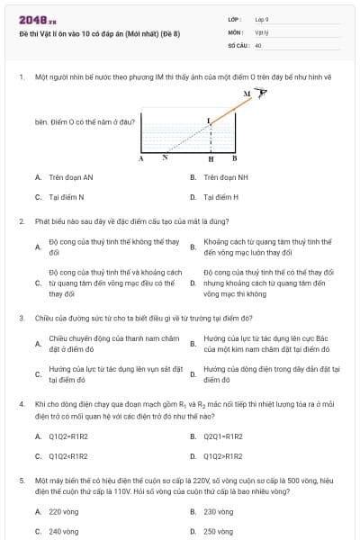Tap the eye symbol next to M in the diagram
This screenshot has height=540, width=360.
click(x=262, y=93)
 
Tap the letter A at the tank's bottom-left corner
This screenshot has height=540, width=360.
click(x=141, y=158)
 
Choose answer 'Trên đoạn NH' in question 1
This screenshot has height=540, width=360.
click(x=225, y=177)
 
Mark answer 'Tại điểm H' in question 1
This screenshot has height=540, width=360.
click(x=221, y=196)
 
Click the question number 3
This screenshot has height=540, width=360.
click(x=21, y=318)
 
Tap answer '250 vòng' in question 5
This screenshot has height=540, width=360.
click(x=218, y=531)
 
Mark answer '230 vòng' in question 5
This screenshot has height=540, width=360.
click(x=218, y=511)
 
